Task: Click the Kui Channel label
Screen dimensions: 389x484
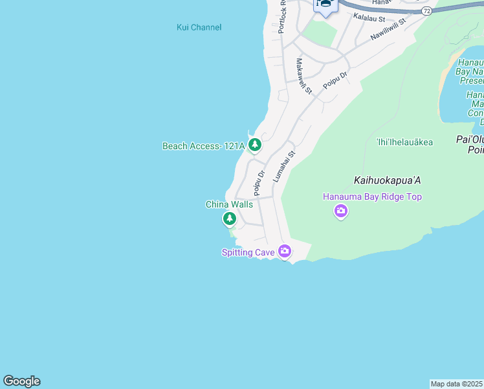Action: [x=199, y=27]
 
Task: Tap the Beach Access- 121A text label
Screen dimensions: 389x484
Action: [x=203, y=146]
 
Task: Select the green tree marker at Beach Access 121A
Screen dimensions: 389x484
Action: [x=255, y=145]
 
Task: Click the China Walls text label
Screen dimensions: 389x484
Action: [x=229, y=204]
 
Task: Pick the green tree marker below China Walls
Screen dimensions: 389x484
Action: [x=230, y=219]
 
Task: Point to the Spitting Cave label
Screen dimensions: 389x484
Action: [x=248, y=252]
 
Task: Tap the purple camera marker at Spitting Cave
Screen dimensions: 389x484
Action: [x=285, y=251]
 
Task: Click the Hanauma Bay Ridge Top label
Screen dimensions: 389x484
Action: [x=373, y=196]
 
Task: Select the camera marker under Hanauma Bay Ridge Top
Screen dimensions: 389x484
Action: [x=340, y=211]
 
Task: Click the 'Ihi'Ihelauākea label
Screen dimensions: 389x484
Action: [x=404, y=141]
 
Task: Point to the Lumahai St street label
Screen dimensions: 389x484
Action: [x=283, y=166]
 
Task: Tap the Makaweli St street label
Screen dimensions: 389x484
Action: [x=304, y=75]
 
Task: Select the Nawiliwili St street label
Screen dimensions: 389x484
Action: [x=388, y=29]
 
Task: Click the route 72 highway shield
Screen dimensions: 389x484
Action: [x=426, y=11]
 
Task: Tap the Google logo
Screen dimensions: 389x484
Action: [x=21, y=381]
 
